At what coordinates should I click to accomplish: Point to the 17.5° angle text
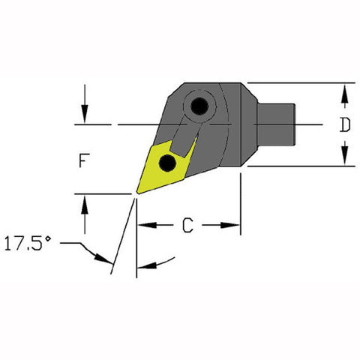coord(29,244)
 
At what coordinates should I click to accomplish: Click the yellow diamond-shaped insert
coord(165,166)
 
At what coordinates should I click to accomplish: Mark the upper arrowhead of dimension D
coord(344,91)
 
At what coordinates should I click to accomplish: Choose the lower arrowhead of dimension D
coord(344,158)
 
